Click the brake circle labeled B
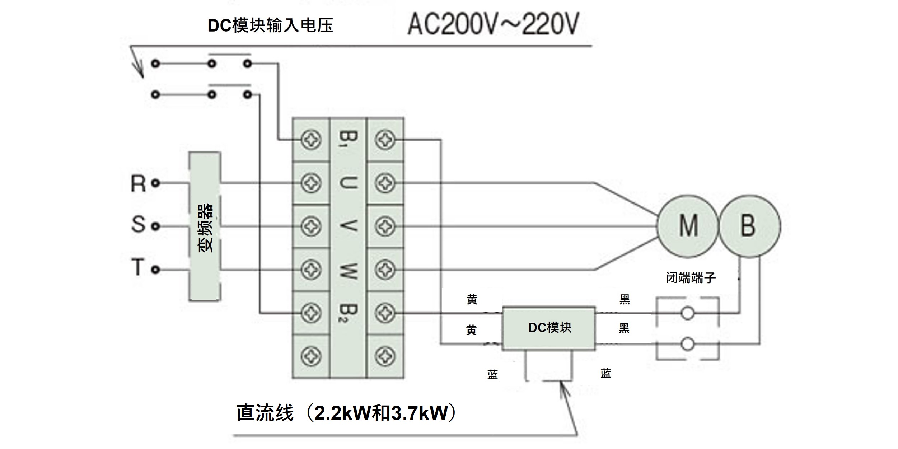749,226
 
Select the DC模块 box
549,328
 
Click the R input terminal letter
138,184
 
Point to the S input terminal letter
138,225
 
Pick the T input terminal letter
137,268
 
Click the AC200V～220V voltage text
493,24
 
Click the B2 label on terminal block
348,313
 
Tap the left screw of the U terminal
311,183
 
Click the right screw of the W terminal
385,270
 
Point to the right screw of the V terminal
385,226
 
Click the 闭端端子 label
691,277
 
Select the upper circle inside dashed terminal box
687,313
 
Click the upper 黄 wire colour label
472,299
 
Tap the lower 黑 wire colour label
624,328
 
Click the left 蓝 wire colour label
492,375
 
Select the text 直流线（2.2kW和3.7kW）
346,413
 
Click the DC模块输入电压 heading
270,25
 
